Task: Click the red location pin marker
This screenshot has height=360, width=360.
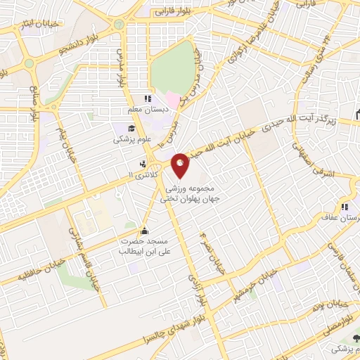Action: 181,165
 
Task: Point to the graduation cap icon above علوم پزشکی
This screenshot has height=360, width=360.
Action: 131,127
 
